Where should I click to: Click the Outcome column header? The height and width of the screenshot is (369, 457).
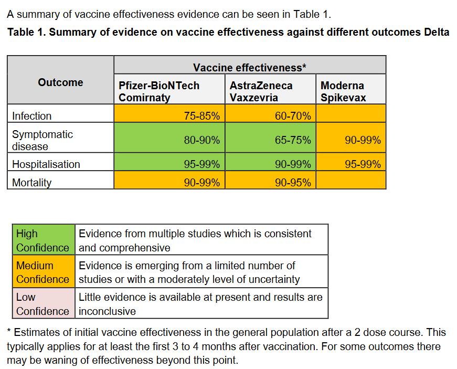[60, 82]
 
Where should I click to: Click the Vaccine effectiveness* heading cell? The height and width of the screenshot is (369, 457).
[249, 67]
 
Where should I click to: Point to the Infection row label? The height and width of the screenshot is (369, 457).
[32, 116]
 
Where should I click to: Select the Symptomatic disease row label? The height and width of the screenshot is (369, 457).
[42, 140]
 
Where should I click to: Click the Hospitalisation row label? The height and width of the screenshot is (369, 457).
[46, 164]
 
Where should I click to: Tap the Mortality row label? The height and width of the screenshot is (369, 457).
[32, 183]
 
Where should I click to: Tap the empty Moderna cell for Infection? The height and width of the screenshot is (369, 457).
[350, 113]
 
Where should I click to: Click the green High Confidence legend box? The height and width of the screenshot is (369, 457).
[43, 240]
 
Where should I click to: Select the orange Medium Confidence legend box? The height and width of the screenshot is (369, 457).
[43, 272]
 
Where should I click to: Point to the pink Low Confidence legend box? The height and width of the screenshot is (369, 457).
[43, 304]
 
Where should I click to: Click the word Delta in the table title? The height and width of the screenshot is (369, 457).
[436, 32]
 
